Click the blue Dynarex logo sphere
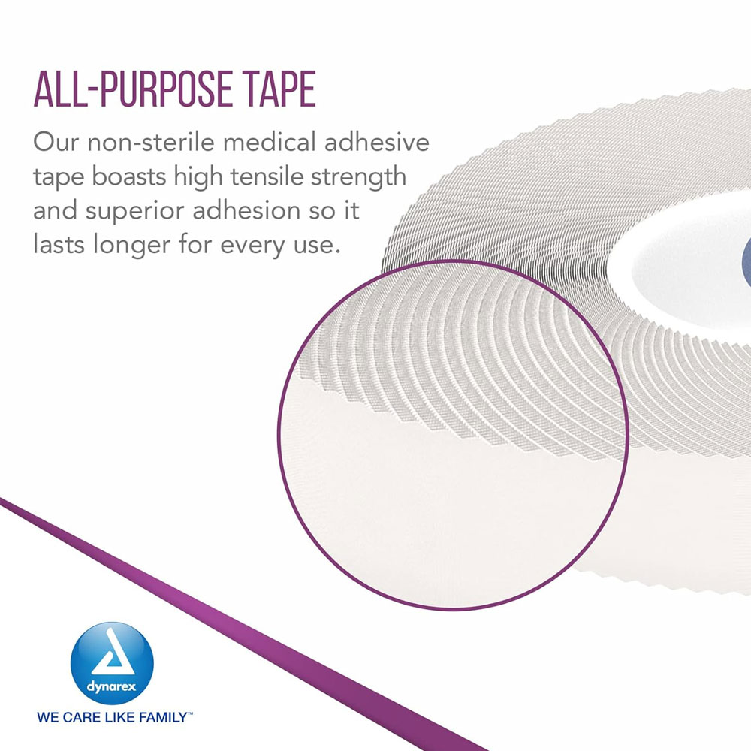tap(111, 646)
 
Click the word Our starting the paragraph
tap(57, 143)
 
